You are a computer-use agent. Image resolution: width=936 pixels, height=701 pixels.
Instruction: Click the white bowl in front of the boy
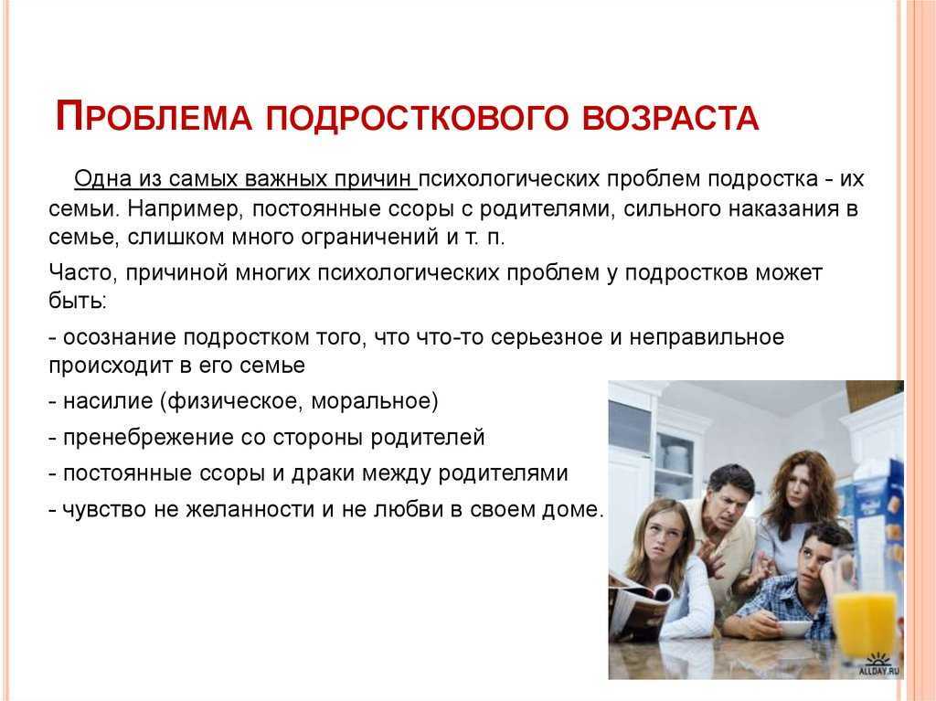793,630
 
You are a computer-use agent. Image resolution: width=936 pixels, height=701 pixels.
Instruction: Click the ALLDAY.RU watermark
879,671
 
